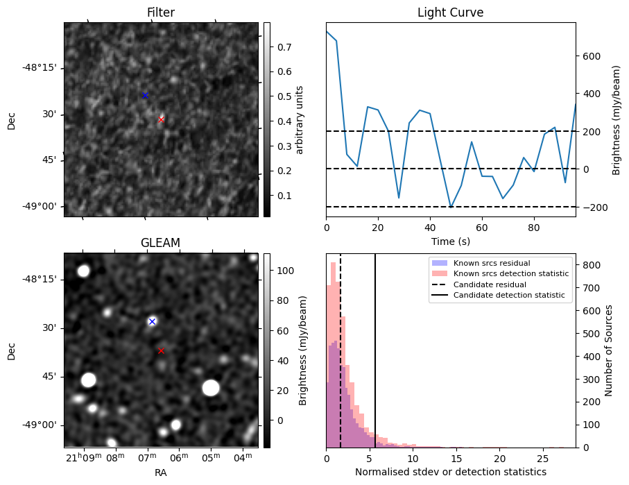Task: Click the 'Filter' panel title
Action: tap(160, 12)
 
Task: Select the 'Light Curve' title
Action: tap(450, 12)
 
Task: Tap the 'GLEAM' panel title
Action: tap(160, 242)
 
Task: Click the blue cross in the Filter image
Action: tap(145, 95)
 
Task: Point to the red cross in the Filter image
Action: tap(161, 119)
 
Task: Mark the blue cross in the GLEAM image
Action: tap(152, 321)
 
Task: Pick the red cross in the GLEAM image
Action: tap(161, 350)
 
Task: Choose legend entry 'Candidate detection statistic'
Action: tap(508, 296)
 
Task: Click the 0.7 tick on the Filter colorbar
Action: tap(283, 47)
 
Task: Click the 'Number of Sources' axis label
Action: tap(609, 350)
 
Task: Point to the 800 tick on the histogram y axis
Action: tap(591, 265)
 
